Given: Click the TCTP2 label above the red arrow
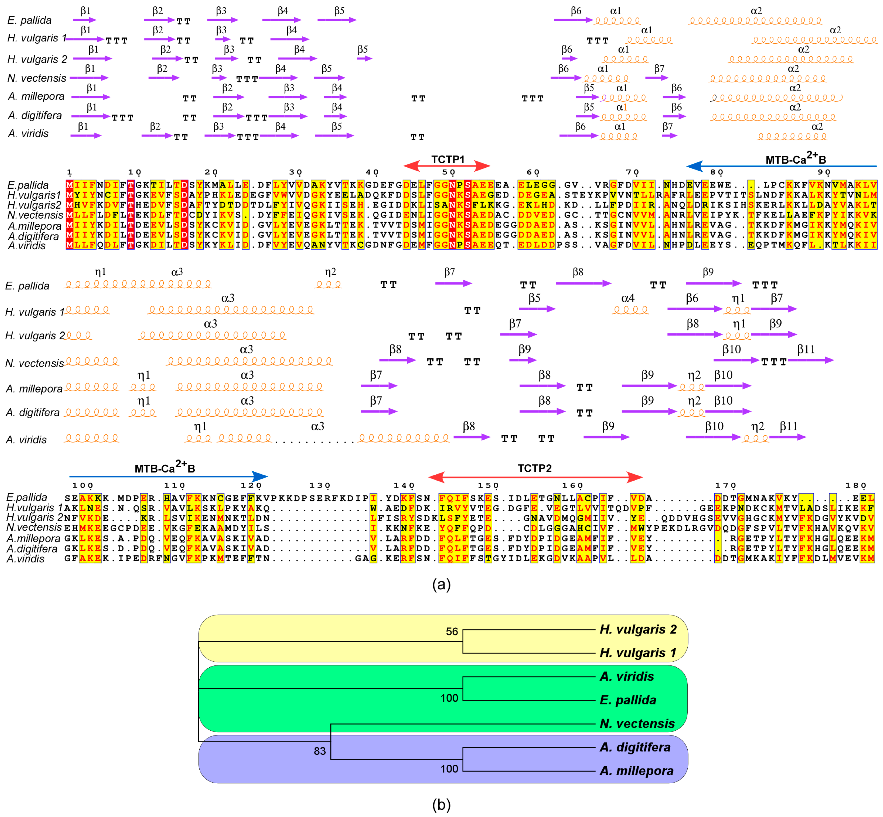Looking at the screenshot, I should pos(535,468).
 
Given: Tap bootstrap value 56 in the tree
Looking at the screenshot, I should pos(452,631).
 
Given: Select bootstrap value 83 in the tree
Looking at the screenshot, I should pos(320,751).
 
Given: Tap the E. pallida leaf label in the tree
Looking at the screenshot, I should pos(628,700).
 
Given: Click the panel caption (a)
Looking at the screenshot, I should pos(441,585).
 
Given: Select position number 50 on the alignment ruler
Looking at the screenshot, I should pos(448,172).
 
